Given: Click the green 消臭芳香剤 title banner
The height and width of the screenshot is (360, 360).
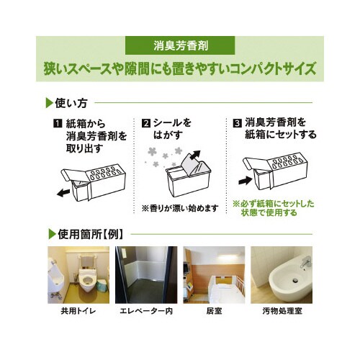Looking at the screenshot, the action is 180,45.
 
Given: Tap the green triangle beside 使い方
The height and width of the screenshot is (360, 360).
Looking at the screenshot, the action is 49,103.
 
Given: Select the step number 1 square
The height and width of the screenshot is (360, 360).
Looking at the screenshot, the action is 58,124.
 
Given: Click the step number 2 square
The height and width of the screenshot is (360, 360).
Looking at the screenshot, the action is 145,123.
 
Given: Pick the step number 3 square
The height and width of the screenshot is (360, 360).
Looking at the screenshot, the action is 237,123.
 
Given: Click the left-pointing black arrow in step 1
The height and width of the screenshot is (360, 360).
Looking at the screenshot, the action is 63,192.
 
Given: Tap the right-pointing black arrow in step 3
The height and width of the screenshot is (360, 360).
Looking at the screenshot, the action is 246,180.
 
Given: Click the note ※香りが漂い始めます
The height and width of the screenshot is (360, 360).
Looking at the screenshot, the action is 180,208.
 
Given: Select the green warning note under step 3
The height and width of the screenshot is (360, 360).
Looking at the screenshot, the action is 274,208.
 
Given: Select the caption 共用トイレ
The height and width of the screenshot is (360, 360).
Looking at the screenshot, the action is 78,311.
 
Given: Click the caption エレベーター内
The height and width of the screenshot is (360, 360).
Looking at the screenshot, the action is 146,311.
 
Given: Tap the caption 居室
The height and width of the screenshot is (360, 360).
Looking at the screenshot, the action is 214,311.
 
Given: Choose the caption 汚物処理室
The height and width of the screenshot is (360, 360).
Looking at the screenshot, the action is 282,311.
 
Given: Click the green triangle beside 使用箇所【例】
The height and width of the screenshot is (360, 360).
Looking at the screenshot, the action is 52,234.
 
